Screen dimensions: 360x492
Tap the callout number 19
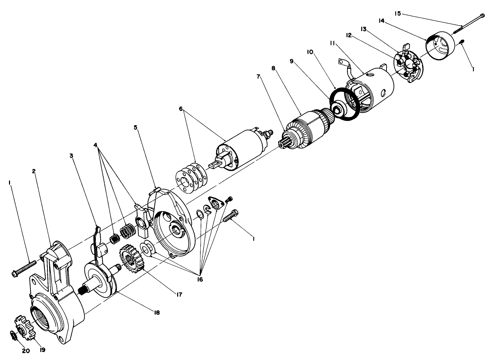coord(42,350)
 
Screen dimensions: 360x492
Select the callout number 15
coord(398,13)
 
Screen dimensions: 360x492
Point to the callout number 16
coord(200,279)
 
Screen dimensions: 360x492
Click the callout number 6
coord(181,109)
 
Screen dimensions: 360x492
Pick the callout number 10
coord(310,52)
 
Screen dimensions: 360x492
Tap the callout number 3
coord(72,156)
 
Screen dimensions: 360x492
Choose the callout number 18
coord(157,312)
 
